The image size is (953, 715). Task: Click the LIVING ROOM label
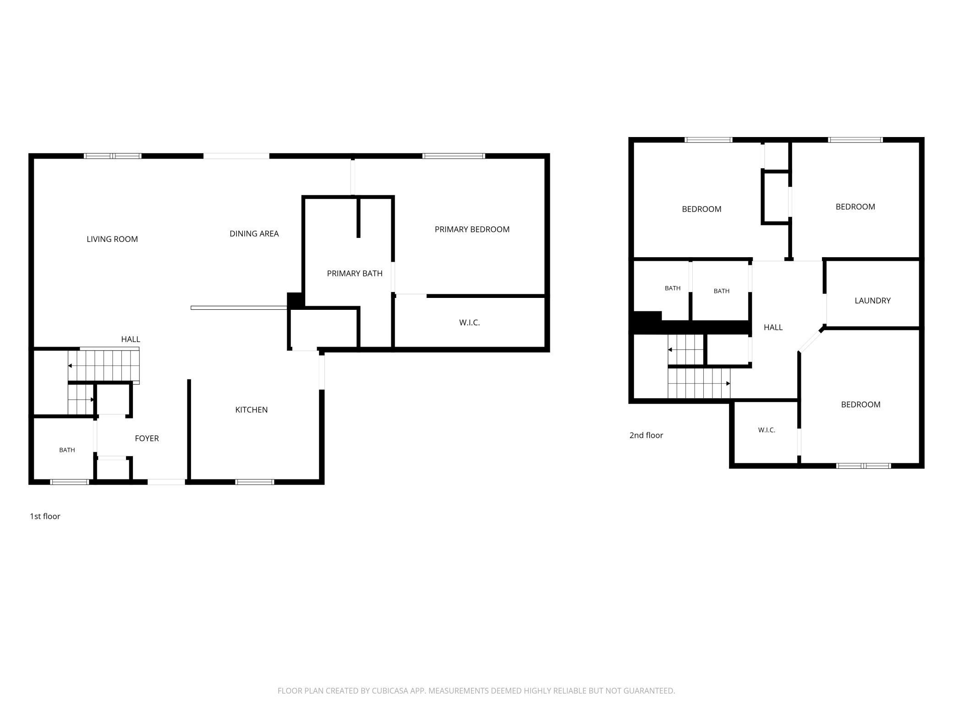tap(112, 239)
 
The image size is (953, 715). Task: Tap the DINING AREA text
tap(254, 234)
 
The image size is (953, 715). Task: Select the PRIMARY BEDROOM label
tap(472, 229)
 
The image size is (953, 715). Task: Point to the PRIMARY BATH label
tap(355, 274)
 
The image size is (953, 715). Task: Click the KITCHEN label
tap(252, 410)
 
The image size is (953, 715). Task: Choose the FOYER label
tap(147, 438)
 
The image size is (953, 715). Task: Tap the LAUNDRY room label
tap(872, 301)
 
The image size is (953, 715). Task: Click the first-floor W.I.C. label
tap(470, 323)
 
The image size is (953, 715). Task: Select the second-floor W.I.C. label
tap(767, 430)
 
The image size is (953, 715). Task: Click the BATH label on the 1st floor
tap(67, 450)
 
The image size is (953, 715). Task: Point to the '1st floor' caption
tap(45, 516)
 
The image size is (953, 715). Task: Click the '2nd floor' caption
tap(646, 435)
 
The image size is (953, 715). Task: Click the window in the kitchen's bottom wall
tap(255, 482)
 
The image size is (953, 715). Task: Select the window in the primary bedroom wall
tap(454, 156)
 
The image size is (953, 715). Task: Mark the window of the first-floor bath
tap(69, 482)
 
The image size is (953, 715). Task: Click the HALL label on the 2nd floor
tap(773, 327)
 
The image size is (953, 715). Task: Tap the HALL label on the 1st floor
tap(131, 339)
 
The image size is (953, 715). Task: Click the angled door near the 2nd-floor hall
tap(811, 340)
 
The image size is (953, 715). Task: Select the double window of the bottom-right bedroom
tap(864, 466)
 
